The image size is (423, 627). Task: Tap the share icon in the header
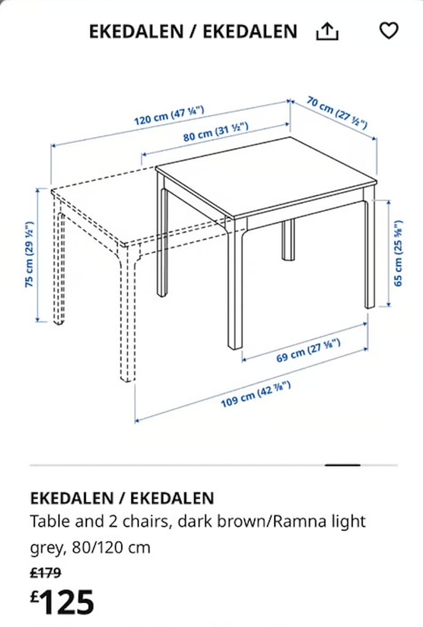(327, 31)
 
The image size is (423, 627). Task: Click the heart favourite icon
(389, 31)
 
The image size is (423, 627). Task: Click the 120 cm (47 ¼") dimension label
(169, 115)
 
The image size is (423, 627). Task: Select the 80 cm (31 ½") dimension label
(215, 132)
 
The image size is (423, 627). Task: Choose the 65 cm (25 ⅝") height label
(399, 253)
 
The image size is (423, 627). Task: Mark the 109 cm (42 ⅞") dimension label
(255, 394)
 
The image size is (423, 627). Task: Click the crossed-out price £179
(45, 573)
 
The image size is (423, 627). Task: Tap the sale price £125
(62, 602)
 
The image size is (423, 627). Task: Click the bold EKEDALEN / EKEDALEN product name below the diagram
(122, 498)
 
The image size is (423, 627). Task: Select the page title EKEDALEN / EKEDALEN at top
(193, 31)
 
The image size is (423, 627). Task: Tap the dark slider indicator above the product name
(342, 465)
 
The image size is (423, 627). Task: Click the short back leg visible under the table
(288, 239)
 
